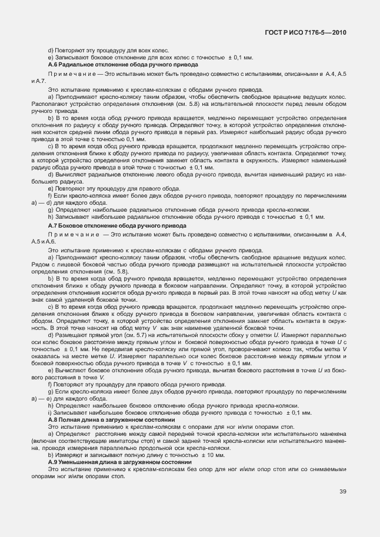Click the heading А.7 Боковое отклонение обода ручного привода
(117, 225)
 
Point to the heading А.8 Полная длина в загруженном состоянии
(112, 421)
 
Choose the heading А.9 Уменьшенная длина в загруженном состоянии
(120, 464)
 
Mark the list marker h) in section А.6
(51, 217)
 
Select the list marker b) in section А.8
(51, 456)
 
